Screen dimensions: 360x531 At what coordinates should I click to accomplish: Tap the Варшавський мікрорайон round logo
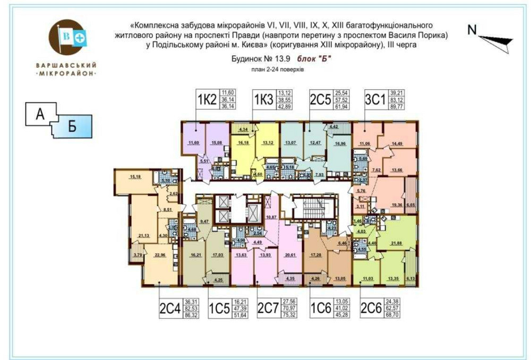[x=66, y=38]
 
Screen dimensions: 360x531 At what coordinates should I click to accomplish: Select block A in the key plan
[x=40, y=114]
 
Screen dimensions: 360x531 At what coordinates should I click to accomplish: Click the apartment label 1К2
[x=208, y=99]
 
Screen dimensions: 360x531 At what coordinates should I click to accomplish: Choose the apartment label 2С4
[x=170, y=308]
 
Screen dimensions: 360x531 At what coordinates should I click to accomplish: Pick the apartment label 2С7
[x=269, y=308]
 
